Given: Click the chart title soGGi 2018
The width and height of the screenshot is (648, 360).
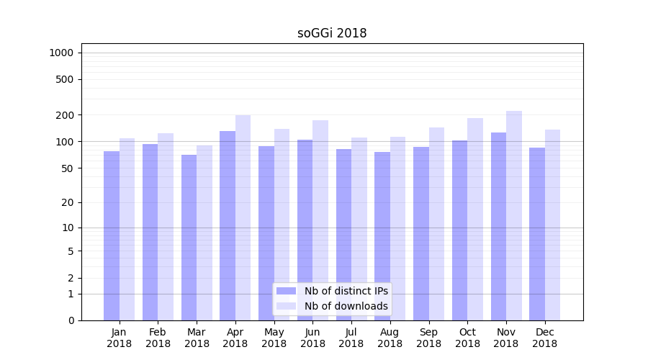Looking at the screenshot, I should [x=332, y=33].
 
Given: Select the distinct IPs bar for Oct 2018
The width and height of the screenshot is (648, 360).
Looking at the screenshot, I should [x=459, y=230].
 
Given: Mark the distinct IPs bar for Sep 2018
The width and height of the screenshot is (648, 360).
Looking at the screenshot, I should [x=420, y=233].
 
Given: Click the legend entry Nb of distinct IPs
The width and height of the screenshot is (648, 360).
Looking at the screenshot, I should [x=346, y=291].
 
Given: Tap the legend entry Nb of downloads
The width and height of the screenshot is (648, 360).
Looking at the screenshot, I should [x=346, y=306].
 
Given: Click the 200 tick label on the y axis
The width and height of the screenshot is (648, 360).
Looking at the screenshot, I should [x=66, y=115].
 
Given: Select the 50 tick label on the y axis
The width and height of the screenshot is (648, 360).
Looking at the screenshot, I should [x=68, y=168].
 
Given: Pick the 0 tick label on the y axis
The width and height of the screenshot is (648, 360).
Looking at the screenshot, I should [x=71, y=320].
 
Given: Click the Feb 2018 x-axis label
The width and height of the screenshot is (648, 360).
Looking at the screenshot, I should [x=158, y=338].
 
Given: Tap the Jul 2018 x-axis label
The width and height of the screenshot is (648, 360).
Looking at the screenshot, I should [x=351, y=338].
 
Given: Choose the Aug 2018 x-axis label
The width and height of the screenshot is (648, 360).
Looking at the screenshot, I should [x=390, y=338].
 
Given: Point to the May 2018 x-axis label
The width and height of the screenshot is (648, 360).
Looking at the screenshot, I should [x=274, y=338].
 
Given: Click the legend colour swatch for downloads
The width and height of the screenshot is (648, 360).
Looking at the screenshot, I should [x=287, y=306].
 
